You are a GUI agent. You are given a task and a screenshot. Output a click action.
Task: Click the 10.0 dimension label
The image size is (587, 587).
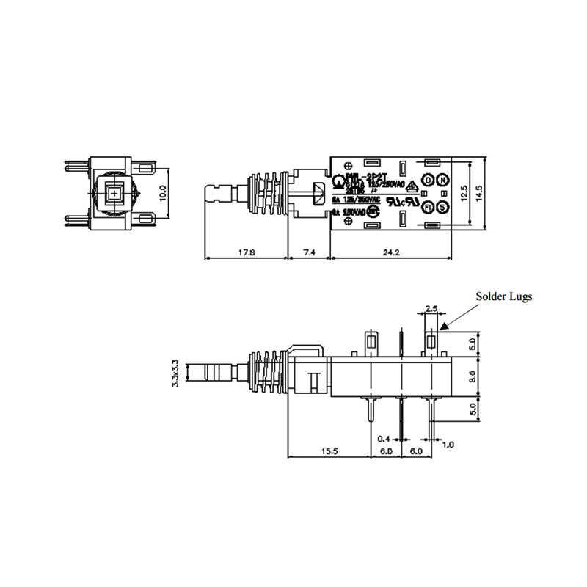tap(164, 193)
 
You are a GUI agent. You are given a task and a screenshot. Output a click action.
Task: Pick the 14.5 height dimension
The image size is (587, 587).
tap(479, 194)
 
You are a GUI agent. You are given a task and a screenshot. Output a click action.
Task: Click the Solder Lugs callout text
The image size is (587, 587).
tap(503, 296)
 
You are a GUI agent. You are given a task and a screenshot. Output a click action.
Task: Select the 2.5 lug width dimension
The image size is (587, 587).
tap(431, 309)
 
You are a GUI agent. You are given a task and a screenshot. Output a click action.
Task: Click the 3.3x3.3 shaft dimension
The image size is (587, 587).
tap(175, 372)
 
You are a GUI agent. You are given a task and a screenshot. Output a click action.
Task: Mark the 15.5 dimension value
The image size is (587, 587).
tap(327, 451)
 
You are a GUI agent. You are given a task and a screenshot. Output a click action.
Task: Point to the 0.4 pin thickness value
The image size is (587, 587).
tap(384, 438)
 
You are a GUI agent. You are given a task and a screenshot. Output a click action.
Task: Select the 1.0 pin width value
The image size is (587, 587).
tap(448, 444)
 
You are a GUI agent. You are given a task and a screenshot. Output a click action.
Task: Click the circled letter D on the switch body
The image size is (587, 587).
tap(427, 181)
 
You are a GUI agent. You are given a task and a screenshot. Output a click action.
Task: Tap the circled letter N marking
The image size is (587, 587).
tap(442, 181)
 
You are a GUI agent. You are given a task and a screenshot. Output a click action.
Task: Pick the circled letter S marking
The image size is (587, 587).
tap(442, 208)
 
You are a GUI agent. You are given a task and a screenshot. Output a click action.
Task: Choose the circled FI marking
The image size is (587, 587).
tap(427, 208)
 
